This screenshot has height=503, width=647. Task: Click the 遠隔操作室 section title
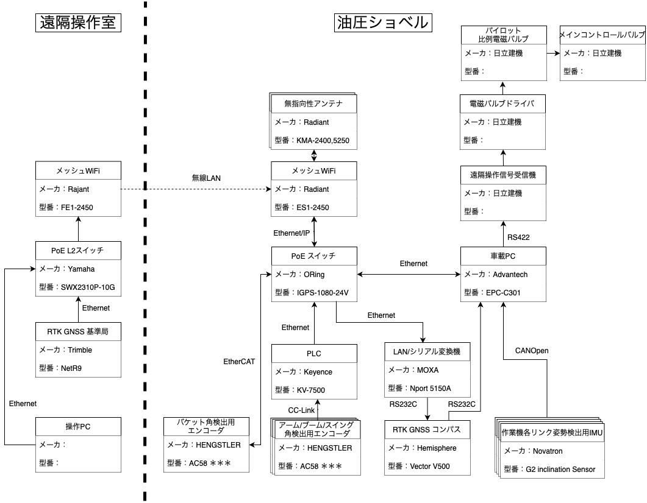(x=77, y=23)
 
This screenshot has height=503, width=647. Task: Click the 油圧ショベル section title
(x=383, y=23)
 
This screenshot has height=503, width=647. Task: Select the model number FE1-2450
(x=77, y=208)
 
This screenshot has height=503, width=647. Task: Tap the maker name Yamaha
(x=81, y=269)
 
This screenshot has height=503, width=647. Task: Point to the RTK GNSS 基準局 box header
(x=77, y=332)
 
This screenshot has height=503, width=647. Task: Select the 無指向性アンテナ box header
(x=313, y=104)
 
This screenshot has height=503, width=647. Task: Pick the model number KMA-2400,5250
(x=323, y=140)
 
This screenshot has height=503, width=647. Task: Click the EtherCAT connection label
(x=239, y=362)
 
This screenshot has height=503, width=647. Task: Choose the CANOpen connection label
(x=532, y=351)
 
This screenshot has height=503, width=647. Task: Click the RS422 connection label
(x=519, y=237)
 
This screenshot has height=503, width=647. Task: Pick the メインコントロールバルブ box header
(x=602, y=35)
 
